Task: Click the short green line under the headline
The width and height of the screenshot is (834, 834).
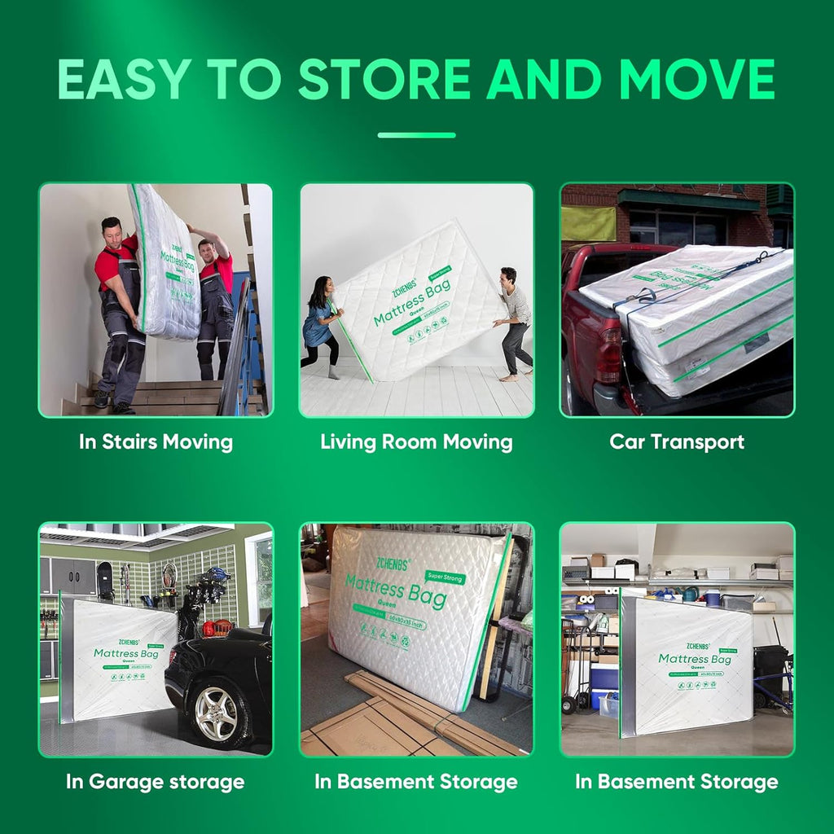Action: point(416,135)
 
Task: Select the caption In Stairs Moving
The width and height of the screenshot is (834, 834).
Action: point(156,442)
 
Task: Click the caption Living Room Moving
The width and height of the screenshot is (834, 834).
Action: point(416,442)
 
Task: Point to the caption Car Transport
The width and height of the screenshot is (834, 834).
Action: point(677,442)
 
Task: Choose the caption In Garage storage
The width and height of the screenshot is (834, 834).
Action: point(155,782)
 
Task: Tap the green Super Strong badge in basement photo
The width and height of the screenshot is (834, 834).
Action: point(442,577)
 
